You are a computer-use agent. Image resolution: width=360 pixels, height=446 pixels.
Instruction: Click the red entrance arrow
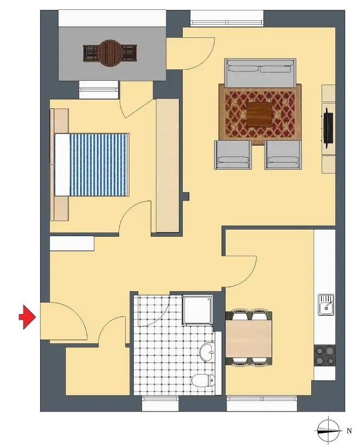pos(27,317)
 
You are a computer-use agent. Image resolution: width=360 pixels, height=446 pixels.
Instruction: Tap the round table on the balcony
pos(110,53)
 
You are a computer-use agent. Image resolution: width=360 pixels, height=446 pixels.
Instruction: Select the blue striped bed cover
pos(99,165)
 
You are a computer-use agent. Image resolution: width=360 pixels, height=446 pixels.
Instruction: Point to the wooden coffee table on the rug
pos(259,115)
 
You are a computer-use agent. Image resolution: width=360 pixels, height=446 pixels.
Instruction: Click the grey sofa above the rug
pos(260,73)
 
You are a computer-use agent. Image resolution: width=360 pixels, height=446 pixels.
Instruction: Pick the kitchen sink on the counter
pos(325,305)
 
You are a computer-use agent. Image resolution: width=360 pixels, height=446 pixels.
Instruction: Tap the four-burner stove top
pos(324,355)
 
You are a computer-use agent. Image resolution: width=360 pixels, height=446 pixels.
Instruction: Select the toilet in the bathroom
pos(203,380)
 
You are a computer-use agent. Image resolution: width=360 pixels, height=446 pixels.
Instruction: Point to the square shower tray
pos(197,310)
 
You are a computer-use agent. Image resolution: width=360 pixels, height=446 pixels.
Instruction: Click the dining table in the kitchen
pos(249,338)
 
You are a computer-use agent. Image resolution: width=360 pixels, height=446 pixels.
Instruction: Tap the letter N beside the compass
pos(349,431)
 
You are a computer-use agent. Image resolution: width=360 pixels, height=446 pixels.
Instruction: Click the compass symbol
pos(329,431)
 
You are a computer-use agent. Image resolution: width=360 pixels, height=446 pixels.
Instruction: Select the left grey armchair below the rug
pos(233,155)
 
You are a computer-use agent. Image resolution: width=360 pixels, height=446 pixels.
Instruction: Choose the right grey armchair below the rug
pos(283,155)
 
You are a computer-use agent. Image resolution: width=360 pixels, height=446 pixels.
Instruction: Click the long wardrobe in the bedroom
pos(167,165)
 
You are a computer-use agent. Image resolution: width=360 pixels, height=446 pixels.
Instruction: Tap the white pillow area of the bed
pos(62,165)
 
